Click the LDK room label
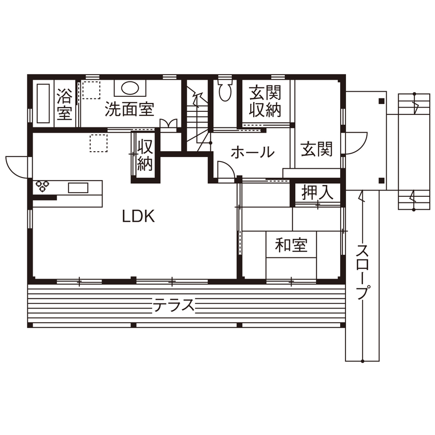pos(138,216)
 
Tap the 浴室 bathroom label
pos(64,104)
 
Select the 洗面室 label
pos(129,109)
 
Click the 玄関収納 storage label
pos(265,102)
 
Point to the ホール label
pos(252,152)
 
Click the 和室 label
pos(291,245)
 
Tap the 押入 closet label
pos(317,193)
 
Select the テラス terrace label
pos(173,305)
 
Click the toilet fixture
pos(225,91)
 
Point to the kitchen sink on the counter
pos(78,187)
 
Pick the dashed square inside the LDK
pos(98,143)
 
